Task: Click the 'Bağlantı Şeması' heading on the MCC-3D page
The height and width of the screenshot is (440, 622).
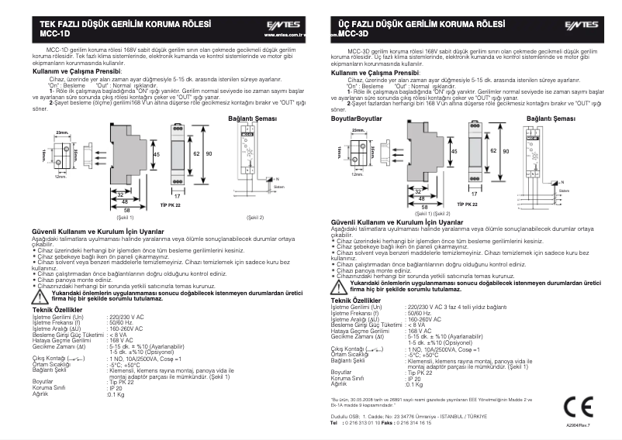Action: [x=551, y=119]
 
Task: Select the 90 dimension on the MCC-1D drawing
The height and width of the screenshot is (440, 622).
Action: [x=209, y=154]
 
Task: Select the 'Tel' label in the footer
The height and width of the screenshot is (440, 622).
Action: [x=334, y=423]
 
